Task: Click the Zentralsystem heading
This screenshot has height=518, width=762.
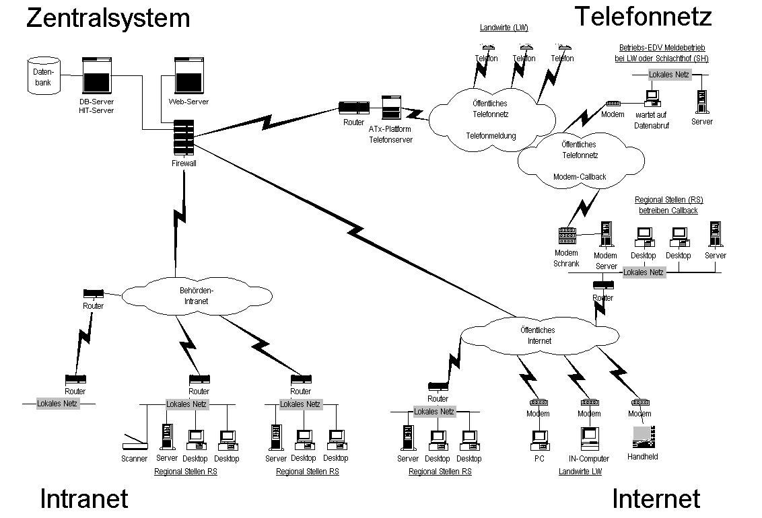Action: point(108,17)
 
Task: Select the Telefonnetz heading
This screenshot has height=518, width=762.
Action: point(642,16)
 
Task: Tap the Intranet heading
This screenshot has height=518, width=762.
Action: point(84,498)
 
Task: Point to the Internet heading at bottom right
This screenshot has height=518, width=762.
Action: point(656,498)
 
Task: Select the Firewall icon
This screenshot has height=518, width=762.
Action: point(184,138)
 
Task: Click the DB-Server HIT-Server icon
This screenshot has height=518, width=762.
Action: point(96,76)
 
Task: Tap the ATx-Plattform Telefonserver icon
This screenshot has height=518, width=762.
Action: point(391,107)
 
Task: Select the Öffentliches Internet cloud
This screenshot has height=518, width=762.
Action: point(539,334)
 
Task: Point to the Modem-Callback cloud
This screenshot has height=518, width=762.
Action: point(580,161)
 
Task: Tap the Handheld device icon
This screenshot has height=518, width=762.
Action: point(642,437)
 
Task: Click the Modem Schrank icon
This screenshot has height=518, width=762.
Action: point(567,237)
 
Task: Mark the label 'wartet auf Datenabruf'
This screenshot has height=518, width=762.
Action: point(652,121)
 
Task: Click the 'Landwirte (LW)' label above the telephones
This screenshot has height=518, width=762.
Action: point(504,28)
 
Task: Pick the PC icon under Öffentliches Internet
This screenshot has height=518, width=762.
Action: point(539,439)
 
